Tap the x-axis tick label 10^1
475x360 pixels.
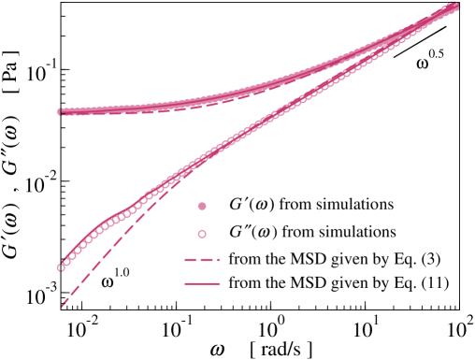tap(367, 329)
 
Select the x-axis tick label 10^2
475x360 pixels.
tap(460, 329)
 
